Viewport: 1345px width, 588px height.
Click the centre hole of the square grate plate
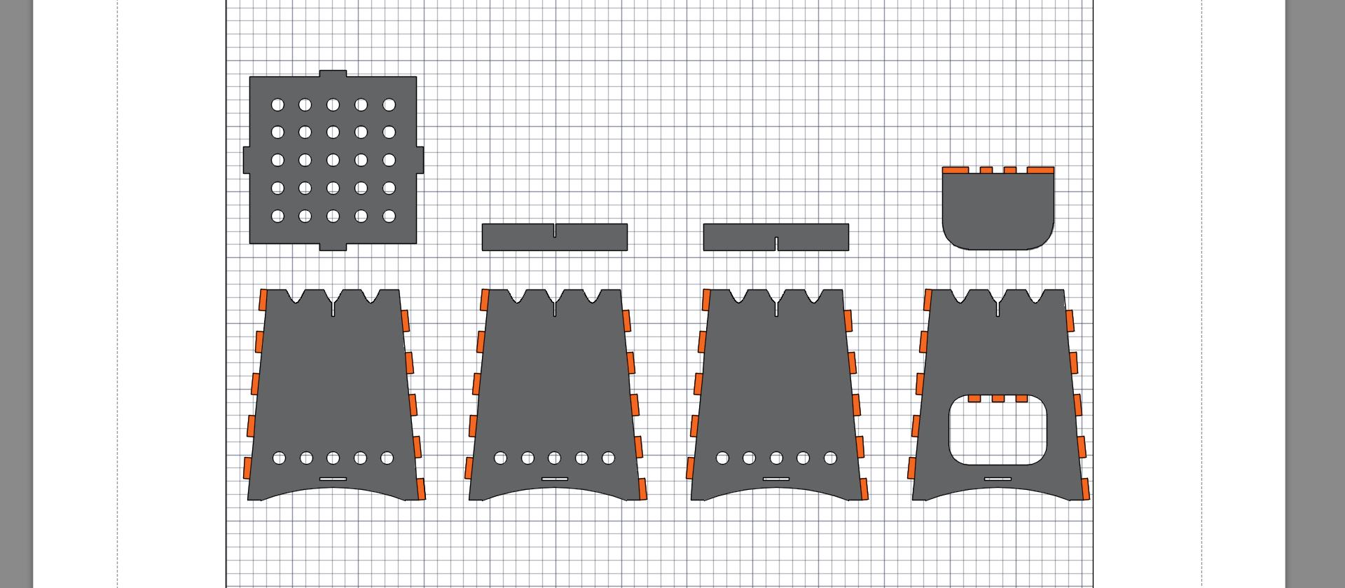(x=333, y=160)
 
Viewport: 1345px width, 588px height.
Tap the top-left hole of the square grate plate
(x=277, y=105)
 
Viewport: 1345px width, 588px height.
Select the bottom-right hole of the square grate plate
(x=389, y=217)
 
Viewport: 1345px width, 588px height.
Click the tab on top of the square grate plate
(x=333, y=73)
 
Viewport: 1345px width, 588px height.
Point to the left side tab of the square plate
(x=246, y=160)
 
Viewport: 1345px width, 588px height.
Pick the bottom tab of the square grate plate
(x=333, y=247)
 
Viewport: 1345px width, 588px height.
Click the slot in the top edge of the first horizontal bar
(x=555, y=231)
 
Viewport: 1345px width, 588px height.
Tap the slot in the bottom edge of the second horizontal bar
(x=776, y=244)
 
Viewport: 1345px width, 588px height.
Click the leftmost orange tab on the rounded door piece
(x=956, y=170)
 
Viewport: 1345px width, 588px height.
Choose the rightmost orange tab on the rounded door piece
(x=1040, y=170)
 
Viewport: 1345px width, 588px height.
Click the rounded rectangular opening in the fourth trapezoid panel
(x=998, y=433)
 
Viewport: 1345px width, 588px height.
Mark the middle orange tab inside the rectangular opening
(x=998, y=399)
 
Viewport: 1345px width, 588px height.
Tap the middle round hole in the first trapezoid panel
(x=333, y=458)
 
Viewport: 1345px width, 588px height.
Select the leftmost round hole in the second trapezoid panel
(x=500, y=458)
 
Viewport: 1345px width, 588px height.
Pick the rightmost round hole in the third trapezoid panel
(x=830, y=458)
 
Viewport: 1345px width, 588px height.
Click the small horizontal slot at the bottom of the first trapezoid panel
(x=333, y=479)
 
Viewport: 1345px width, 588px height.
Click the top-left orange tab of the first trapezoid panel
(x=263, y=300)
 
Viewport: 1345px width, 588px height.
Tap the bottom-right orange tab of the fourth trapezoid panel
(x=1085, y=488)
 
